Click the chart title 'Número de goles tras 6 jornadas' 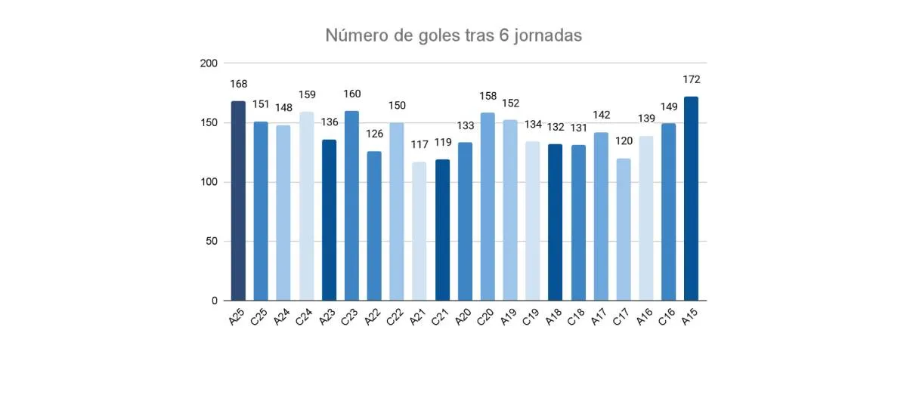[x=453, y=35]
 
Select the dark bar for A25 [x=238, y=200]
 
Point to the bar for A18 [x=556, y=222]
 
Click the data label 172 [x=691, y=79]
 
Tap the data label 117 [x=419, y=144]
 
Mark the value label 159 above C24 [x=306, y=95]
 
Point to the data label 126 [x=374, y=134]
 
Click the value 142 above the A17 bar [x=601, y=115]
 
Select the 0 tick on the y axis [x=215, y=301]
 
